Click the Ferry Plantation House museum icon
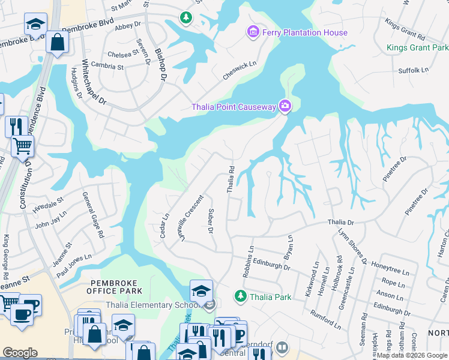tap(253, 32)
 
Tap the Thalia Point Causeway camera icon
tap(285, 107)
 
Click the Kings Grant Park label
tap(416, 47)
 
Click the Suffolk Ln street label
tap(414, 71)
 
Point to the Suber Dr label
tap(211, 221)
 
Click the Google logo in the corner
tap(20, 353)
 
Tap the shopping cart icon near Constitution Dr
tap(22, 145)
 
